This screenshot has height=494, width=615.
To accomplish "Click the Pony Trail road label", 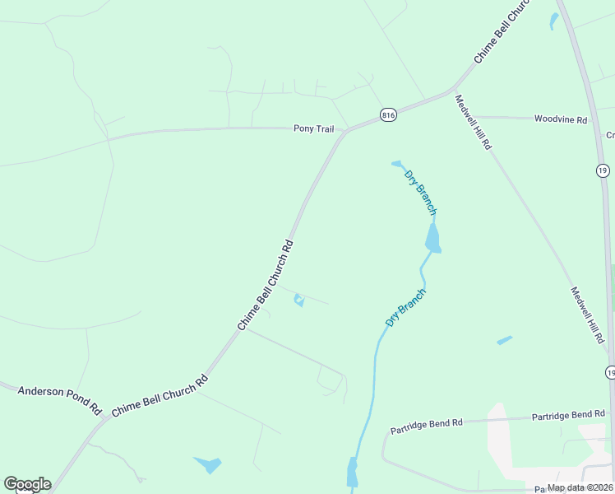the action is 314,128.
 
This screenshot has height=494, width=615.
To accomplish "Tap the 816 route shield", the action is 389,116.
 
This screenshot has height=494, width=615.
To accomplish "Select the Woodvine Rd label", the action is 561,119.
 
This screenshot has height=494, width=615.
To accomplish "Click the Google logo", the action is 27,484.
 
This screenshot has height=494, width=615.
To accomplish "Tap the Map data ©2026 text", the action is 580,487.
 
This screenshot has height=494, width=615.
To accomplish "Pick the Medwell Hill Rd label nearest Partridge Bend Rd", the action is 588,315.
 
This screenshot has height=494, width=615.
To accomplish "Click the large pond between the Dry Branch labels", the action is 432,238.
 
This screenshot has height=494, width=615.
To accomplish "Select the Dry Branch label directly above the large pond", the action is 420,192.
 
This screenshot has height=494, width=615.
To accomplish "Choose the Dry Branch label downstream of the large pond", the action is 406,307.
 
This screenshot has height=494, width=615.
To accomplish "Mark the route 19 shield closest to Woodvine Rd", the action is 603,170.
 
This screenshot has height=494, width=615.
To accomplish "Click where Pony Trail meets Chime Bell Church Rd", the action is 345,132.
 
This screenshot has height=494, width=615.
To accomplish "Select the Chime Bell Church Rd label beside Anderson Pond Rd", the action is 160,397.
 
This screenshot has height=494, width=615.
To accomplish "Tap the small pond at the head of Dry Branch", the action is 396,163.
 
